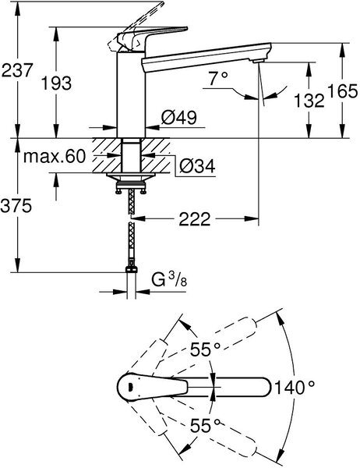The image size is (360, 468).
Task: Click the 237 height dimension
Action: pos(16,70)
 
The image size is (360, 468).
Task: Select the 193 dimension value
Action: pos(56,83)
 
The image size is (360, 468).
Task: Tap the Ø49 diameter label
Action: pos(179,117)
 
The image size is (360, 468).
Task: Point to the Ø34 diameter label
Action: pos(197,165)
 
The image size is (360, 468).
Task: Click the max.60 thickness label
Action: pos(55,156)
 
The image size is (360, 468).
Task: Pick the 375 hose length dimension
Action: pos(16,206)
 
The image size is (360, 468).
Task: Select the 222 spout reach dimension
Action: pos(195,219)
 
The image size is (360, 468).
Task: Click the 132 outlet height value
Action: pos(309,100)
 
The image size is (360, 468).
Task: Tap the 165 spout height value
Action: pos(342,90)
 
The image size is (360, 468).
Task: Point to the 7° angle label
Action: pos(218,79)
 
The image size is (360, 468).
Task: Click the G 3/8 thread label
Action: pos(169,280)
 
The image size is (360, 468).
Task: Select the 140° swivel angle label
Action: pos(295,388)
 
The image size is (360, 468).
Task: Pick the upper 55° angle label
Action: pos(206,349)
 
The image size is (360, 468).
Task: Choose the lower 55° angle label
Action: pos(206,425)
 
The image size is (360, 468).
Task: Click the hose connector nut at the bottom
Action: pos(131,269)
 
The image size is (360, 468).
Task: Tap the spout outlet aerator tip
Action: pos(258,61)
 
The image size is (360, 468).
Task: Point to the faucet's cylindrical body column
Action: pos(131,94)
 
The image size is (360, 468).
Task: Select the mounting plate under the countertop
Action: pos(131,176)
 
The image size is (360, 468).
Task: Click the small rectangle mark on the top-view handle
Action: pos(129,387)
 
